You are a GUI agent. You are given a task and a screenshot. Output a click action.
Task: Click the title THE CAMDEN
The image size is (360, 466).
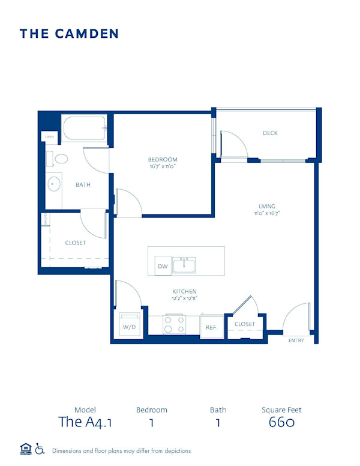(x=69, y=34)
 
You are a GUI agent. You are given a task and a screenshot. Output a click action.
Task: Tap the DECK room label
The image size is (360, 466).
(x=270, y=133)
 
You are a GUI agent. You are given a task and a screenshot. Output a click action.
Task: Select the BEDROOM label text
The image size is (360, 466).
(x=163, y=159)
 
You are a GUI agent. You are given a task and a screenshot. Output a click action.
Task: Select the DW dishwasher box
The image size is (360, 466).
(x=162, y=266)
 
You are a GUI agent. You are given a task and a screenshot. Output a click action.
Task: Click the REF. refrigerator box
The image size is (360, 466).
(x=211, y=327)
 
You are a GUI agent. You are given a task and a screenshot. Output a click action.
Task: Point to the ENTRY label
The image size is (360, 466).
(x=296, y=340)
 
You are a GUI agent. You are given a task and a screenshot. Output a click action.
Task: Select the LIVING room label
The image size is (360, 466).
(x=266, y=207)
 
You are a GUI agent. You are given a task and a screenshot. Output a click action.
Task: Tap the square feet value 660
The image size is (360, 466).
(x=281, y=422)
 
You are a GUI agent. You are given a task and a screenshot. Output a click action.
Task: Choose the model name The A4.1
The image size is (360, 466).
(x=85, y=422)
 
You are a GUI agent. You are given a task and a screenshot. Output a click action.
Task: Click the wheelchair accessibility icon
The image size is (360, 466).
(x=40, y=449)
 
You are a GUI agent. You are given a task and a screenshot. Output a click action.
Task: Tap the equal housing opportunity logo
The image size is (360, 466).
(x=25, y=449)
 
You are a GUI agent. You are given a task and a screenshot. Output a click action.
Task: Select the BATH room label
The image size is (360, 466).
(x=83, y=185)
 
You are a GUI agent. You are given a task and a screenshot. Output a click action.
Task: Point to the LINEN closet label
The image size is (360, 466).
(x=49, y=137)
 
